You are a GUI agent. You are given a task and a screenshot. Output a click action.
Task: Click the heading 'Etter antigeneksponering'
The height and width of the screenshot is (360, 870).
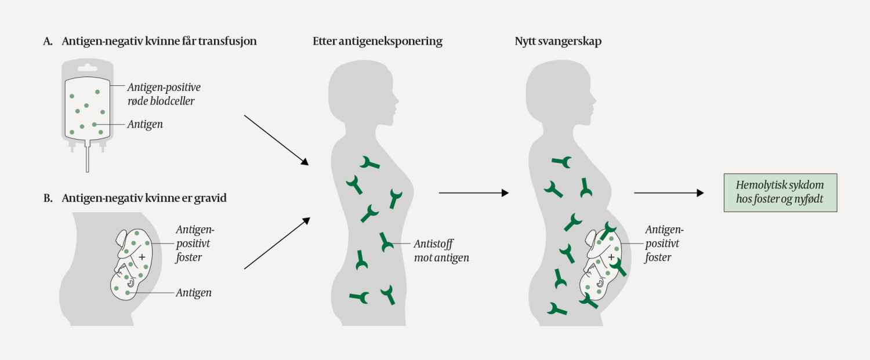(x=377, y=41)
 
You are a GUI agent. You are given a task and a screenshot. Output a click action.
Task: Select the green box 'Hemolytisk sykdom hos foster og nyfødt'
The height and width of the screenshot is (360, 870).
(x=780, y=192)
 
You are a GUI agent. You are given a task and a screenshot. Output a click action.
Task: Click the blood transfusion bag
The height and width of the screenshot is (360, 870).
(x=87, y=107)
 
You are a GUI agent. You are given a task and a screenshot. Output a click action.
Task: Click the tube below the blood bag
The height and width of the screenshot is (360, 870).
(x=87, y=160)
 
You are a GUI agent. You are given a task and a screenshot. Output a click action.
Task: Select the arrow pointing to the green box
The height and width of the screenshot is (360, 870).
(x=669, y=192)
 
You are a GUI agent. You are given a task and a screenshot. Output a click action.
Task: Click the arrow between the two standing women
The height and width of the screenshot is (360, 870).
(x=473, y=192)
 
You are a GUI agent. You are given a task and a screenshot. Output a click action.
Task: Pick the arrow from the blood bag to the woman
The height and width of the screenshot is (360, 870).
(x=275, y=140)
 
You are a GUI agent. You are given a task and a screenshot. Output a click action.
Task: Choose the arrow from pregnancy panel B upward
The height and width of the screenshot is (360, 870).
(x=277, y=243)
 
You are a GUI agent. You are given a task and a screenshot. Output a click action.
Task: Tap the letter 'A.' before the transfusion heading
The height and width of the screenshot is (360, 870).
(x=48, y=41)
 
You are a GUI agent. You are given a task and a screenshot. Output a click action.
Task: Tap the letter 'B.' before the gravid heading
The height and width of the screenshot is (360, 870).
(x=48, y=198)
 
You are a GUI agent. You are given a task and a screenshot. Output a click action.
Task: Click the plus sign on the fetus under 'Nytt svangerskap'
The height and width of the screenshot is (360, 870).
(x=611, y=256)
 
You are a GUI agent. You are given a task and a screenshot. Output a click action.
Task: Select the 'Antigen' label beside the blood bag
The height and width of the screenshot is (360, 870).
(x=145, y=124)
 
